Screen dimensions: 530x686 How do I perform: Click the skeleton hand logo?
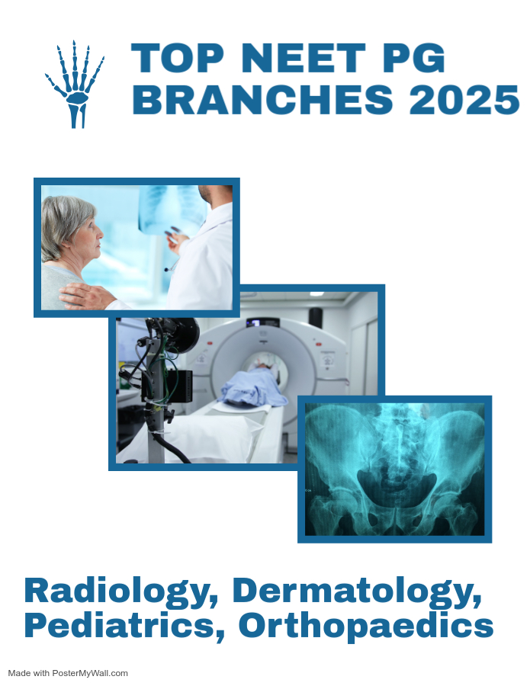[x=75, y=84]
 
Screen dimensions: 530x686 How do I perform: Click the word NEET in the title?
[x=304, y=58]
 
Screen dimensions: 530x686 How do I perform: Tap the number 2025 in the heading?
[x=464, y=99]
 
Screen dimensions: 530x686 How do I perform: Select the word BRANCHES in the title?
[x=262, y=99]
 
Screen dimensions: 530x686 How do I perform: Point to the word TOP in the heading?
[x=178, y=58]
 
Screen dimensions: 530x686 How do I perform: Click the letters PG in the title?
[x=413, y=58]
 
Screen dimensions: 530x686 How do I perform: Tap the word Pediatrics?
[x=124, y=625]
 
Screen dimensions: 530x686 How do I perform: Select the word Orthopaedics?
[x=366, y=626]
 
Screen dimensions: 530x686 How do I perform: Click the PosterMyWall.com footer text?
[x=68, y=673]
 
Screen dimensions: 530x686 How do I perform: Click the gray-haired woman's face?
[x=89, y=234]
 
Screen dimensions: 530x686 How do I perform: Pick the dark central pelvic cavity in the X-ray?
[x=397, y=488]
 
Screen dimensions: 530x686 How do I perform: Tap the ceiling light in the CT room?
[x=316, y=294]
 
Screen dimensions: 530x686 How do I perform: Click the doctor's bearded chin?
[x=204, y=194]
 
